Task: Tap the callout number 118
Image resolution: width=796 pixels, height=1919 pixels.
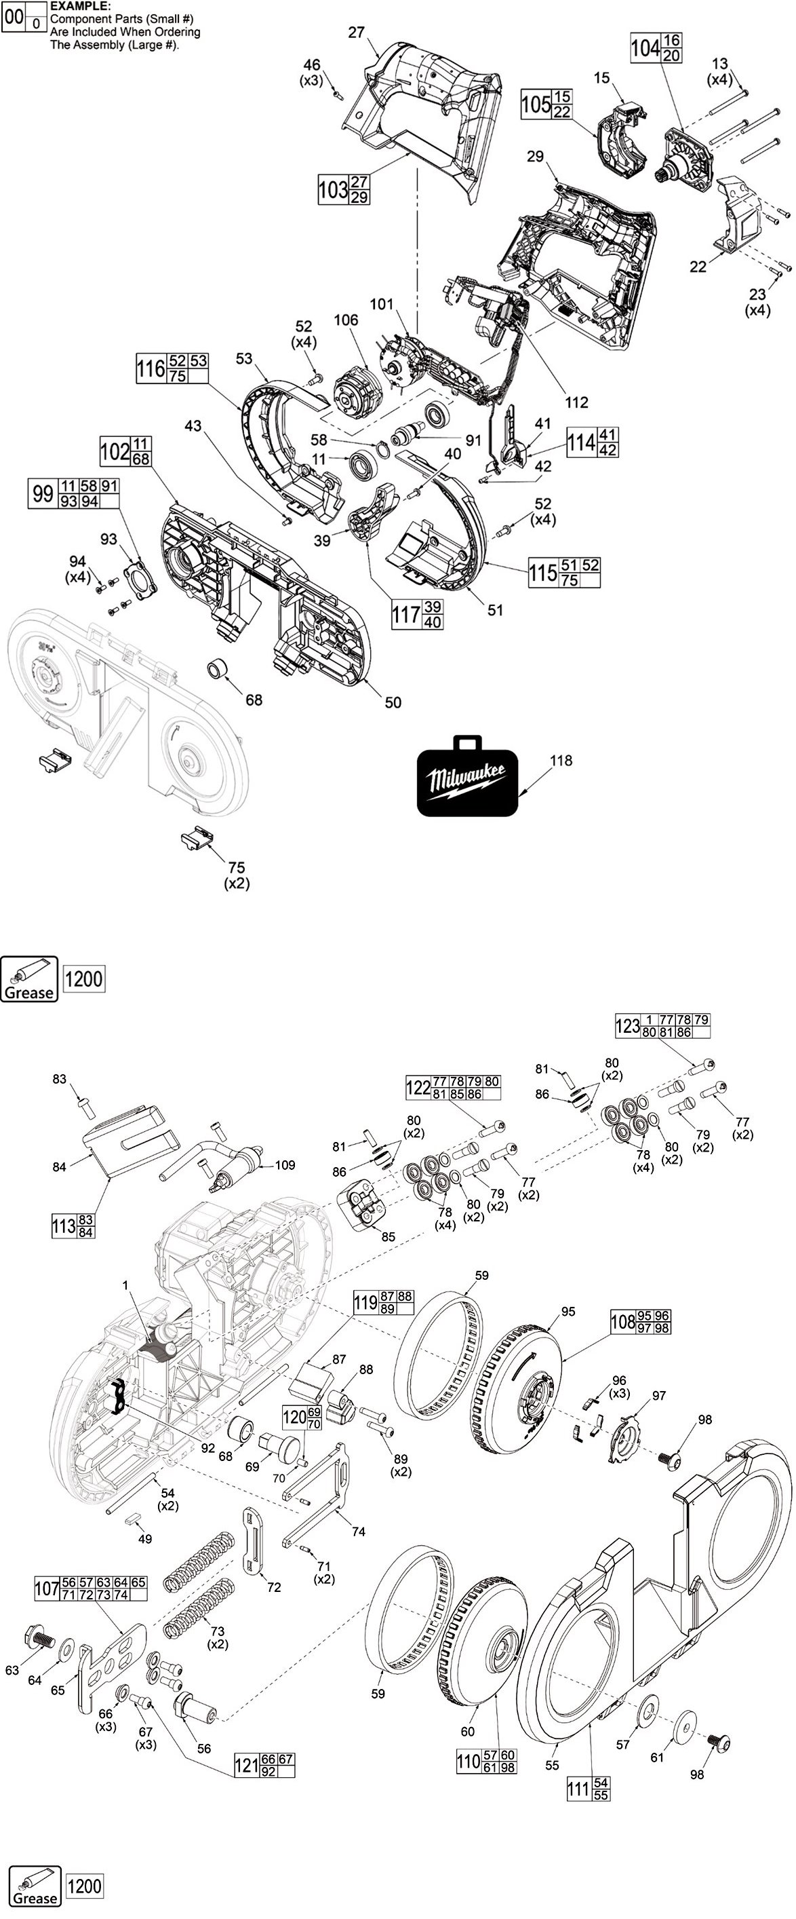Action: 561,761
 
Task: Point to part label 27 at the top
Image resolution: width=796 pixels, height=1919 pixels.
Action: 356,32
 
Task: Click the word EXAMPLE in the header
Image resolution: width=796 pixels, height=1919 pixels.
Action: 81,6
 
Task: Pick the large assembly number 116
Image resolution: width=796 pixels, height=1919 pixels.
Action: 151,368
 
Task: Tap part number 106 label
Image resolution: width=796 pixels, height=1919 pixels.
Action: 346,320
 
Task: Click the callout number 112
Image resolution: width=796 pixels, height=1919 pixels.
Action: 576,402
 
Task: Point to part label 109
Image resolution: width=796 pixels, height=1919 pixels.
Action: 285,1165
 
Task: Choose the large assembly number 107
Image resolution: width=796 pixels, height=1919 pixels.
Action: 47,1589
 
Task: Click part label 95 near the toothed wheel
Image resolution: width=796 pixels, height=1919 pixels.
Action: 568,1311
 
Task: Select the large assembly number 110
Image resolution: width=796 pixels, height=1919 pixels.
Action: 469,1761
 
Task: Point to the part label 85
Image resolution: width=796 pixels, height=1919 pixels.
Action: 388,1236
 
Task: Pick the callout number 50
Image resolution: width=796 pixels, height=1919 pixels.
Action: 393,702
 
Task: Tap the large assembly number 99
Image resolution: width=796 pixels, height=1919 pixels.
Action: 42,494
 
